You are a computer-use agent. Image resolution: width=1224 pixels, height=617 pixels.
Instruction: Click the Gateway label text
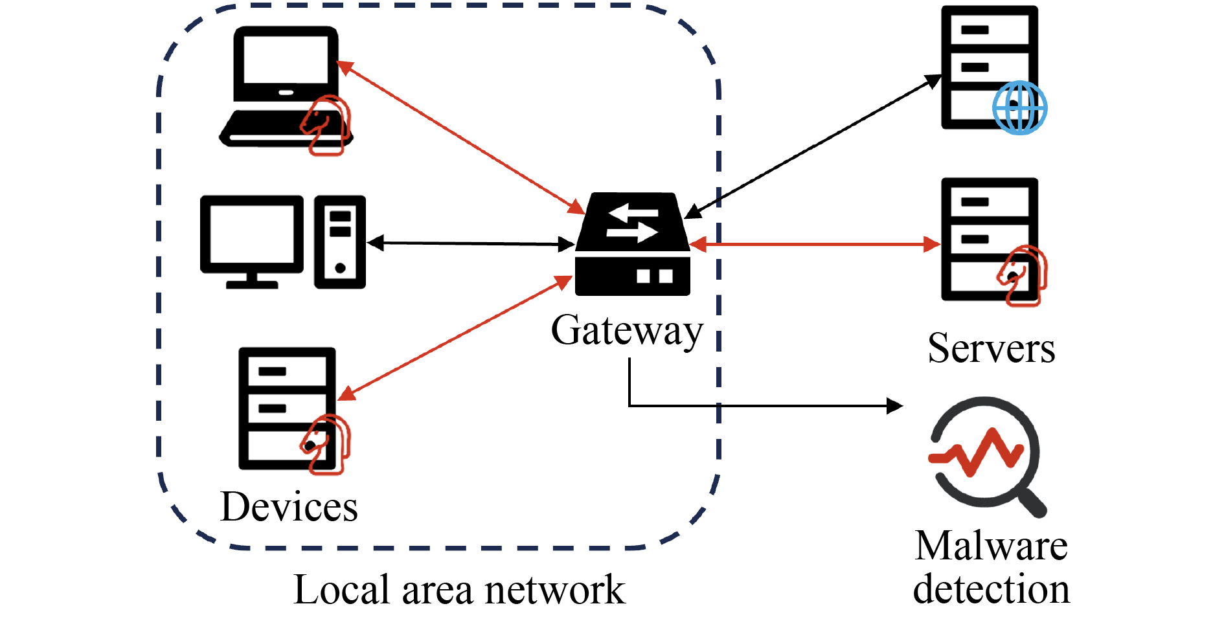pyautogui.click(x=626, y=331)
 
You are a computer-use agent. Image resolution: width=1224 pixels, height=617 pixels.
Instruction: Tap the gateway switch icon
pyautogui.click(x=632, y=245)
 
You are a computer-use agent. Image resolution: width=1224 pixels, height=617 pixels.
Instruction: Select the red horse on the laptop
pyautogui.click(x=326, y=125)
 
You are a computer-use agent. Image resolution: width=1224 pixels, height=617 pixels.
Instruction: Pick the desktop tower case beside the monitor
pyautogui.click(x=340, y=241)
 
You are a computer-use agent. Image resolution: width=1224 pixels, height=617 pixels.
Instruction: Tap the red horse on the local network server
pyautogui.click(x=326, y=444)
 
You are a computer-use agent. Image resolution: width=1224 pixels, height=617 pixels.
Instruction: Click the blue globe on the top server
pyautogui.click(x=1019, y=107)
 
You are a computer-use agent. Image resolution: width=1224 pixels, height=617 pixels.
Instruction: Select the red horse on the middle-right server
pyautogui.click(x=1023, y=275)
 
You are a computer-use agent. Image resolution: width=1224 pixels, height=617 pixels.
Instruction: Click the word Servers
pyautogui.click(x=991, y=348)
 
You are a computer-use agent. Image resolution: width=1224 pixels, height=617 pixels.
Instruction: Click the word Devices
pyautogui.click(x=289, y=506)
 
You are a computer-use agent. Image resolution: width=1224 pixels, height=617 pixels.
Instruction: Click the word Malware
pyautogui.click(x=991, y=546)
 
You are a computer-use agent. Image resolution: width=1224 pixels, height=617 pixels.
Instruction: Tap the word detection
pyautogui.click(x=991, y=589)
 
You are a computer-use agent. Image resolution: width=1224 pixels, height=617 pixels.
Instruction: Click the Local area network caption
pyautogui.click(x=459, y=590)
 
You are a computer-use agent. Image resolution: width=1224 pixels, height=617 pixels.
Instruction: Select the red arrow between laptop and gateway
pyautogui.click(x=460, y=137)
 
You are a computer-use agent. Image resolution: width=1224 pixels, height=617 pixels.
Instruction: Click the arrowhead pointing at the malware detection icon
pyautogui.click(x=895, y=406)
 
